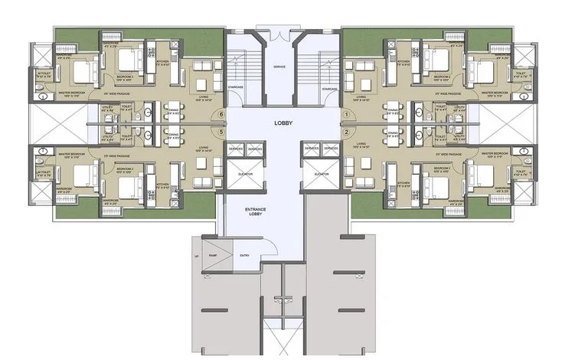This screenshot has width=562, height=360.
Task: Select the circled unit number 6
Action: [221, 115]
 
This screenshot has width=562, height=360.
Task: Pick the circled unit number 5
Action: [221, 132]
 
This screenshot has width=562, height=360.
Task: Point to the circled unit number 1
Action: [346, 115]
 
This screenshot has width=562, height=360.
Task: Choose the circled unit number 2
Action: [346, 132]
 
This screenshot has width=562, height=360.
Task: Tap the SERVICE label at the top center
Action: [279, 67]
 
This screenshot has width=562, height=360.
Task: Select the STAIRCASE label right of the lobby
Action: [330, 89]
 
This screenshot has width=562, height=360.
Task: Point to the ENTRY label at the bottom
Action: [244, 256]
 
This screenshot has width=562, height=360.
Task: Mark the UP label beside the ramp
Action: [197, 256]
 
